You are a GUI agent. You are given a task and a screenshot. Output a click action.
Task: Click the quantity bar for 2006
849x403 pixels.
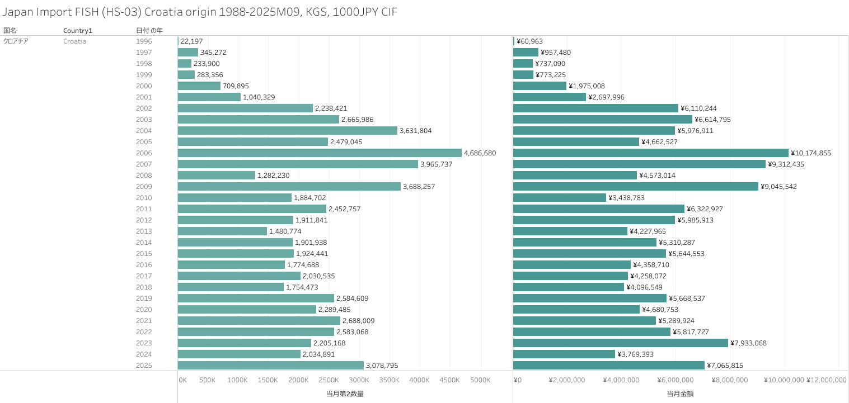click(320, 153)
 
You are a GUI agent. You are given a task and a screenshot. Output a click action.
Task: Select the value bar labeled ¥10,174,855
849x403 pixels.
click(650, 153)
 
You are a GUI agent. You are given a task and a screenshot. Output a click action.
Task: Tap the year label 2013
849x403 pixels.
click(144, 231)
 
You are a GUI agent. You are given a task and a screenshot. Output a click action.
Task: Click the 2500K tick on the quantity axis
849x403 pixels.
click(329, 380)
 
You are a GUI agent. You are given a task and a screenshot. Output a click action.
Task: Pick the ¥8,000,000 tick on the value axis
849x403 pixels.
click(730, 380)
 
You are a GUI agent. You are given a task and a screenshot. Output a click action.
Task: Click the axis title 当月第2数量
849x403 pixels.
click(345, 393)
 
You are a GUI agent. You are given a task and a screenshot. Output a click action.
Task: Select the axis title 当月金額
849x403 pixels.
click(680, 393)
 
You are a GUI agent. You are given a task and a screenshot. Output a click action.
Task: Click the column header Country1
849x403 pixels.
click(77, 30)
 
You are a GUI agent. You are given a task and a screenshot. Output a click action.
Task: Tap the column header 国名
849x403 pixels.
click(10, 30)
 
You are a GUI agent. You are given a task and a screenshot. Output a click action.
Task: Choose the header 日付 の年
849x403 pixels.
click(149, 30)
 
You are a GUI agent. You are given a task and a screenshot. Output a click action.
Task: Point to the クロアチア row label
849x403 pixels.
click(16, 41)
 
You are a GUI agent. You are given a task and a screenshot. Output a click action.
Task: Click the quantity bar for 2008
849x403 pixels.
click(217, 176)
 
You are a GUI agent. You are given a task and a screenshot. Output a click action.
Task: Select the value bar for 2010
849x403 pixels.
click(560, 198)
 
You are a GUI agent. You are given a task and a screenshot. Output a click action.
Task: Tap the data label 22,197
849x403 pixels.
click(191, 41)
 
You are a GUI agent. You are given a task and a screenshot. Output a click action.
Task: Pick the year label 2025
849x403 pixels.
click(144, 366)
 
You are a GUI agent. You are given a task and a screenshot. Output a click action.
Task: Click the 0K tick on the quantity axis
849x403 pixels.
click(182, 380)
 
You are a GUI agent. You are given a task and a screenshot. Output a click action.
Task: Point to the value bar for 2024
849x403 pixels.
click(564, 354)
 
